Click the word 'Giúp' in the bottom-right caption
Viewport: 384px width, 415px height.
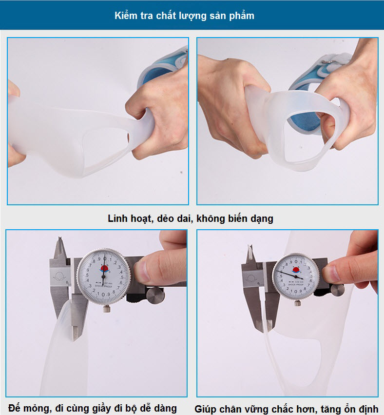pos(207,409)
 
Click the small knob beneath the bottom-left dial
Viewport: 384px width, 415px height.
pos(105,307)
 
